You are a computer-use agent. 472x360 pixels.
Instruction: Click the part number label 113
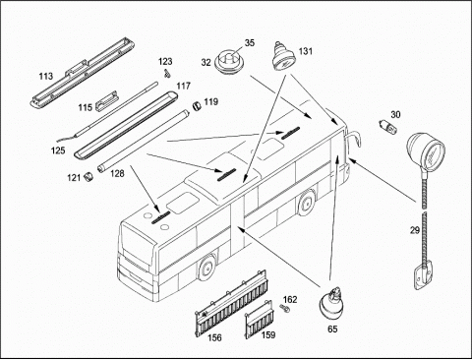[46, 76]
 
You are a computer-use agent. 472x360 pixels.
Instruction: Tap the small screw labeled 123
[167, 74]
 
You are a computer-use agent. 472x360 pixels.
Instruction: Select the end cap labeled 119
[197, 106]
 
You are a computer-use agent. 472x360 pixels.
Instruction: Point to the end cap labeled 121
[88, 177]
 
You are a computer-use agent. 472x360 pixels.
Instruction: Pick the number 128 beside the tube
[117, 173]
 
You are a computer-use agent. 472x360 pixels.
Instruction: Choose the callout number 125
[58, 150]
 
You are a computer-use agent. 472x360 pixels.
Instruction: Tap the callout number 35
[250, 43]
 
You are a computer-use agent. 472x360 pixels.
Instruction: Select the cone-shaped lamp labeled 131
[284, 56]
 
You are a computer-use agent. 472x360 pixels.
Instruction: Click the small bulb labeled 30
[388, 127]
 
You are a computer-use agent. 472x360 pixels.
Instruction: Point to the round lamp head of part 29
[426, 150]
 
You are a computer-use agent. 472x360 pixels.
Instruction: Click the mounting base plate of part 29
[424, 277]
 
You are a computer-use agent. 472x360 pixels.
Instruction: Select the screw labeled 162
[283, 308]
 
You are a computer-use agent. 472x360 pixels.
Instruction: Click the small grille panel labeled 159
[259, 319]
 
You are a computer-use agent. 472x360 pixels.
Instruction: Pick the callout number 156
[214, 337]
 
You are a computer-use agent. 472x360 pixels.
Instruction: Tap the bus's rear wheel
[307, 203]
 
